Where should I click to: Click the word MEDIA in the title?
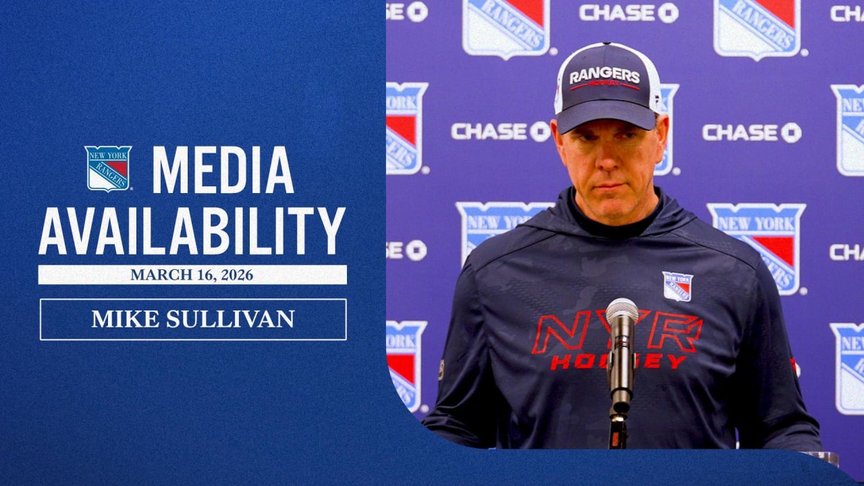223,169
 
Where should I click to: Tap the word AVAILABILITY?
192,231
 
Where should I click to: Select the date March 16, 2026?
192,275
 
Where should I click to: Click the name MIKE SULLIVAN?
193,319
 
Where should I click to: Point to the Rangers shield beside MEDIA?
108,168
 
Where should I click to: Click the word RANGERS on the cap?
604,75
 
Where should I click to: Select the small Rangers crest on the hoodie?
677,286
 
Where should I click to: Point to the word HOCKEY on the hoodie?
618,362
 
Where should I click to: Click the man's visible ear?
662,135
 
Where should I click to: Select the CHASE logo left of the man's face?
500,131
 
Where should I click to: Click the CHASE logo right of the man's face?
751,132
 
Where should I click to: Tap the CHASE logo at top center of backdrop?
628,12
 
